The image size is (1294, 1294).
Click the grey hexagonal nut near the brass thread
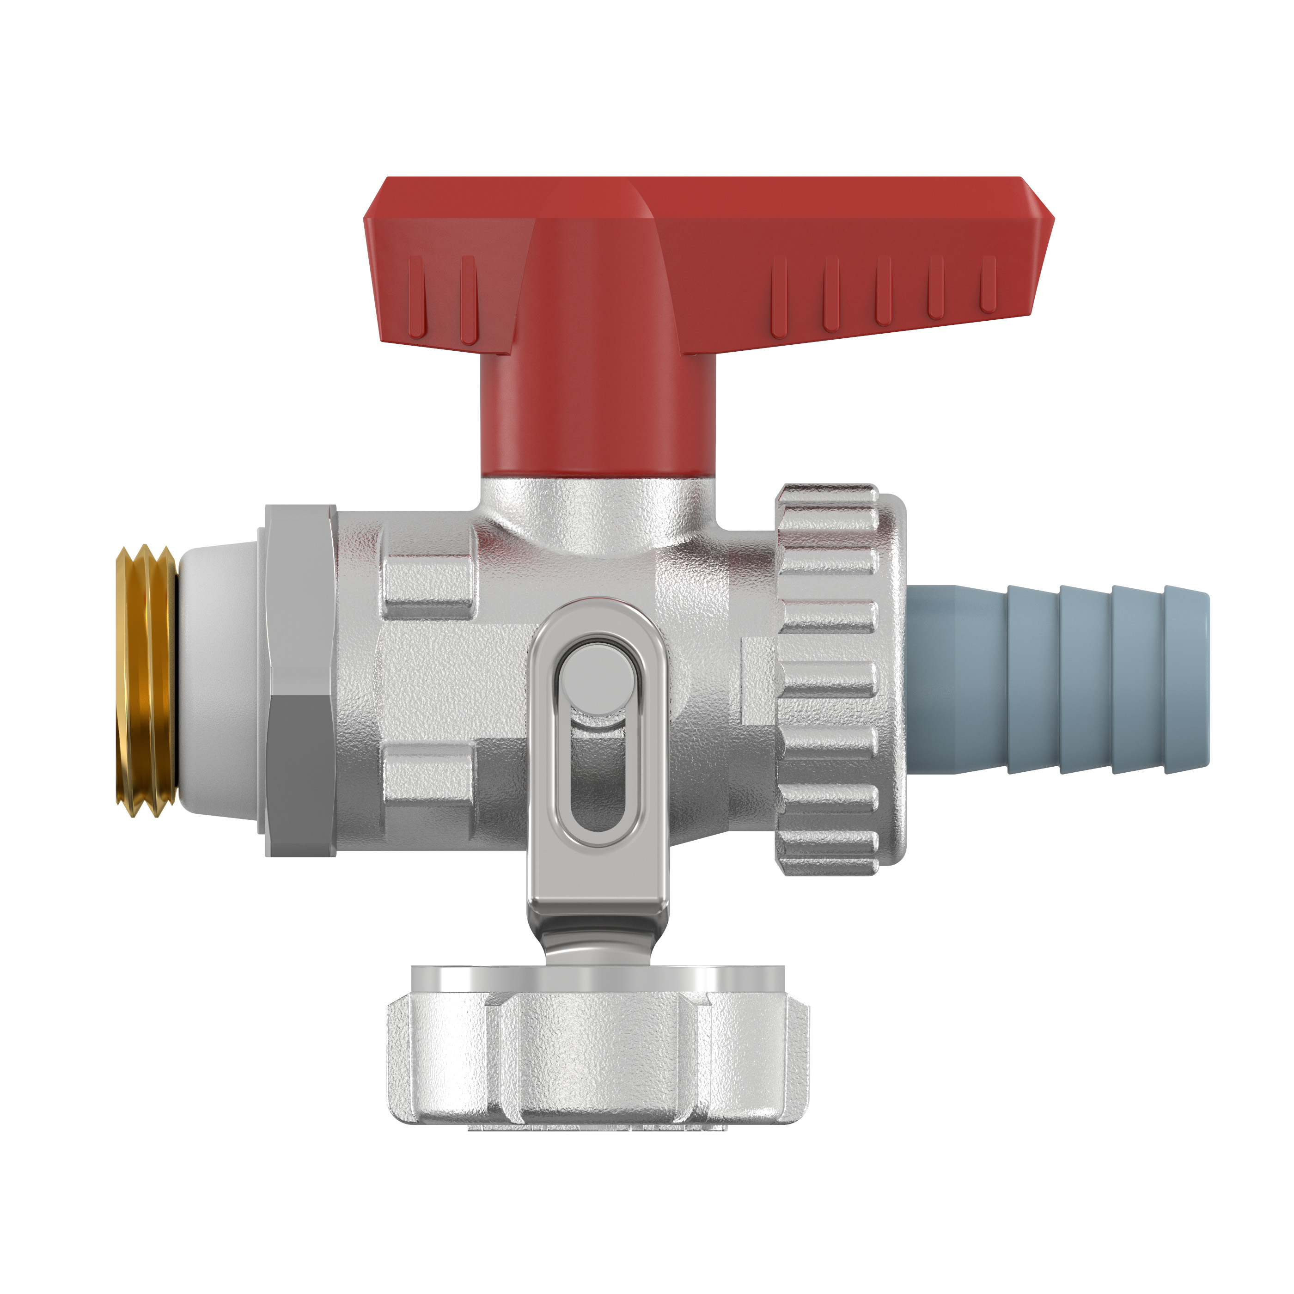[x=299, y=680]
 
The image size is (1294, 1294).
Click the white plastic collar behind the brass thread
[x=218, y=680]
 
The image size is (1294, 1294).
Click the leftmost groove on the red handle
[x=416, y=295]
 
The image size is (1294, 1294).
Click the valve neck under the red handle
[x=598, y=513]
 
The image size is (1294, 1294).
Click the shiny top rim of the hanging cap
[x=598, y=977]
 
